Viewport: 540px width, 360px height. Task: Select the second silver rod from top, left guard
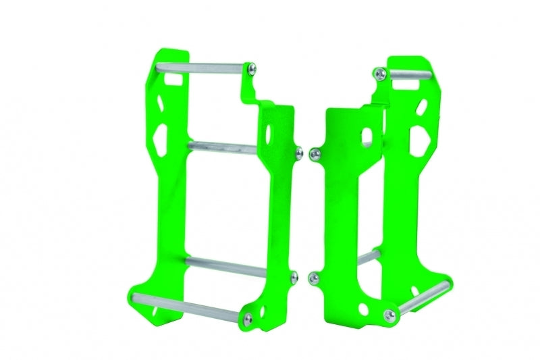223,145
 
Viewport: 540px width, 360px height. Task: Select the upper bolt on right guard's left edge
313,155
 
